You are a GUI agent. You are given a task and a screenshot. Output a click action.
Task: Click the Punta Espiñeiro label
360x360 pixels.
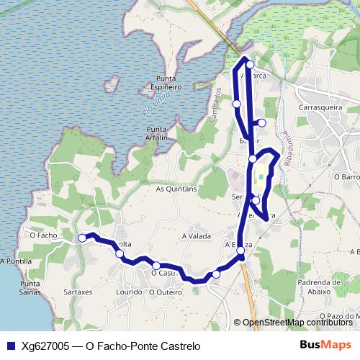click(165, 82)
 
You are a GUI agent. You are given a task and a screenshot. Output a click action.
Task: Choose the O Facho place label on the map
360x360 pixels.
click(43, 235)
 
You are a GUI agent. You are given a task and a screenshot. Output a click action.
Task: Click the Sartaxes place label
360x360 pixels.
click(78, 293)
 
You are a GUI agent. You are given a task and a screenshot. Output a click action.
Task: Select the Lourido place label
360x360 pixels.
click(129, 293)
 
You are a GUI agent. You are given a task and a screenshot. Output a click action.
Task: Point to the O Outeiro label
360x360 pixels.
click(166, 293)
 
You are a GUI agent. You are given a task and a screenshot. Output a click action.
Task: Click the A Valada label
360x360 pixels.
click(197, 235)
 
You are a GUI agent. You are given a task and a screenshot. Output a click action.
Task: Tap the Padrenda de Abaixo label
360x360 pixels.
click(313, 289)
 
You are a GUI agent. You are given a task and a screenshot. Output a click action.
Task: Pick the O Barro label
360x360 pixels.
click(346, 176)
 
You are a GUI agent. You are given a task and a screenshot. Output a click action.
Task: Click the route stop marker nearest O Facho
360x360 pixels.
click(83, 238)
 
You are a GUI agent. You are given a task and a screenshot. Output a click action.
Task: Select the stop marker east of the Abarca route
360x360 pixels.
click(262, 123)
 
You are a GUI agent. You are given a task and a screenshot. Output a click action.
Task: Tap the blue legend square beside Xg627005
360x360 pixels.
click(10, 346)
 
